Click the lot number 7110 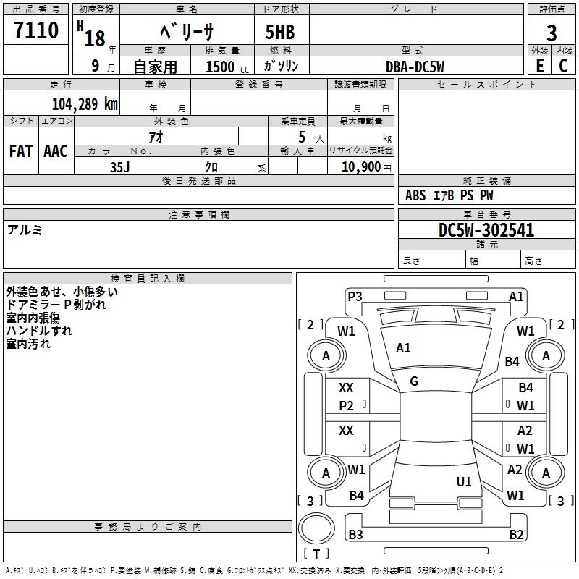pos(36,30)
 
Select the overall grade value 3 pos(551,33)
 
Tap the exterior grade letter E pos(539,65)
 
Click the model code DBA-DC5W pos(415,67)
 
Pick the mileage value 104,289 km pos(85,103)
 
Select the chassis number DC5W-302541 pos(486,230)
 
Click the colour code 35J pos(119,166)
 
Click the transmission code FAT pos(21,151)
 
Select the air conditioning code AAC pos(56,151)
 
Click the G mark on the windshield pos(413,381)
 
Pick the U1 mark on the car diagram pos(464,481)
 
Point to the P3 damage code pos(355,296)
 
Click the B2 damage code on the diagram pos(516,535)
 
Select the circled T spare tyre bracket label pos(316,554)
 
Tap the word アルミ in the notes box pos(25,230)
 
